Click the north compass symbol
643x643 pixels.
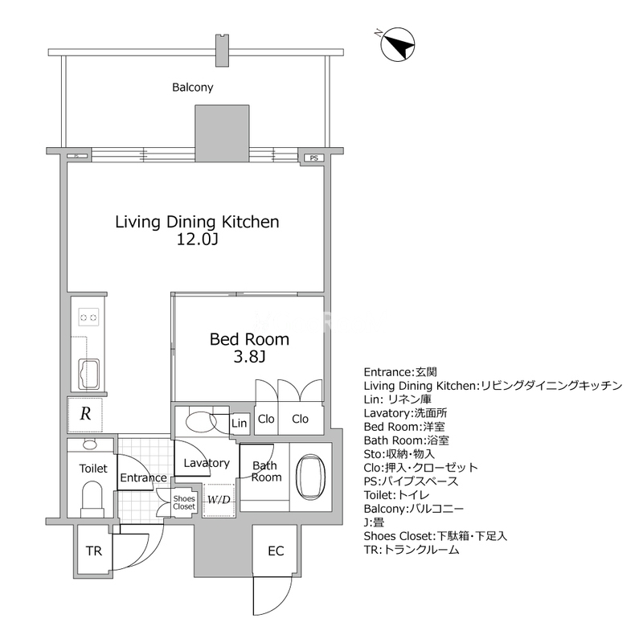click(397, 45)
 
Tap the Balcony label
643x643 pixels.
click(193, 88)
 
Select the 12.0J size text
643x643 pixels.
click(197, 239)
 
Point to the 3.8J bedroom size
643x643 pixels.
click(249, 357)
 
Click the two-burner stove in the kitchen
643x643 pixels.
click(88, 317)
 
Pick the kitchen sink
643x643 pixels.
click(89, 374)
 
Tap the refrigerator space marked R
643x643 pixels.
click(85, 414)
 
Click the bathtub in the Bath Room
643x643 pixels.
click(310, 477)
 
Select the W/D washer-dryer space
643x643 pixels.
click(219, 500)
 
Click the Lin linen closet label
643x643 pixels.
click(239, 424)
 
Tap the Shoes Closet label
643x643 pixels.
click(184, 503)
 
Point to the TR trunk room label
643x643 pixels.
click(94, 551)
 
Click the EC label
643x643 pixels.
click(276, 551)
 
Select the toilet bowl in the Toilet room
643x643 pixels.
click(92, 495)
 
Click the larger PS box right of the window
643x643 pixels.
click(313, 158)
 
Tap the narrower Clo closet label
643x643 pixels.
click(266, 419)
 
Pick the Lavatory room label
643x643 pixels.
click(207, 464)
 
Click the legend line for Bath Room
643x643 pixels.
click(407, 440)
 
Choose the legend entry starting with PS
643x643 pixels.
click(411, 481)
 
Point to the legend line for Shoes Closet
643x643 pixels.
click(435, 536)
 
